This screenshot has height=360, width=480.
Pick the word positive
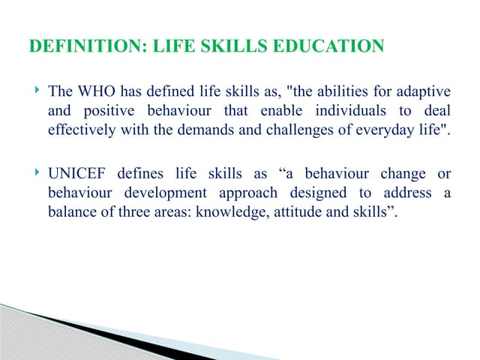coord(107,111)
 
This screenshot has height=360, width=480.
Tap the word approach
coord(249,193)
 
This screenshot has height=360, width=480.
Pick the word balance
coord(71,211)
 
